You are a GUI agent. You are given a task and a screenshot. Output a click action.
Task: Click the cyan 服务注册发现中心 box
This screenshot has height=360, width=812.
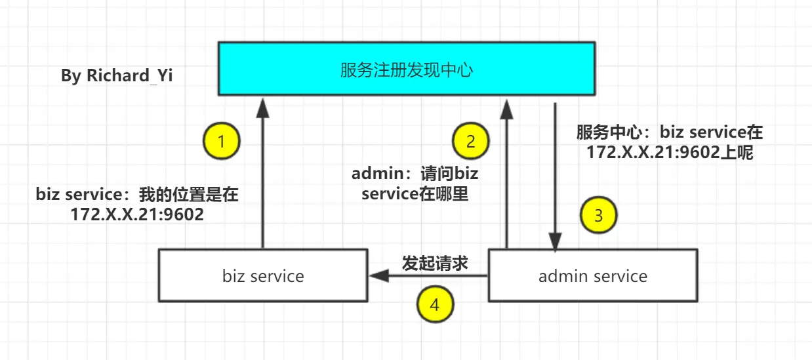pyautogui.click(x=407, y=68)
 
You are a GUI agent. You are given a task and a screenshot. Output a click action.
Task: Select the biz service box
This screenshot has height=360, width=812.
pyautogui.click(x=263, y=275)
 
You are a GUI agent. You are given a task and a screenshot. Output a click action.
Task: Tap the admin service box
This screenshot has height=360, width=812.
pyautogui.click(x=593, y=275)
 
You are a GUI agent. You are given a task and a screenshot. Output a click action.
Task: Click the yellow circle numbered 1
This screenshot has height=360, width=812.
pyautogui.click(x=222, y=141)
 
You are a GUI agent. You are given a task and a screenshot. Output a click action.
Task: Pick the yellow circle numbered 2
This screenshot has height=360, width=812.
pyautogui.click(x=470, y=141)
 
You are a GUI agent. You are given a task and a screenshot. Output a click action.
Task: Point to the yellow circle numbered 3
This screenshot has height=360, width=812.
pyautogui.click(x=598, y=215)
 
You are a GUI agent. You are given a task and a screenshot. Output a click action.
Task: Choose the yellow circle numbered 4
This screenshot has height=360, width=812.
pyautogui.click(x=435, y=304)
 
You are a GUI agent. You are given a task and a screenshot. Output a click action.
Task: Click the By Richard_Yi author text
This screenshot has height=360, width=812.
pyautogui.click(x=117, y=76)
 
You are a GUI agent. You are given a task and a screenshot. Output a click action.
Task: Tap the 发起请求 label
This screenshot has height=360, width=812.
pyautogui.click(x=435, y=263)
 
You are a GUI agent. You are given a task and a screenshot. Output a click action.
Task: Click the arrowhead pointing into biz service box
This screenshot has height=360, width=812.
pyautogui.click(x=379, y=276)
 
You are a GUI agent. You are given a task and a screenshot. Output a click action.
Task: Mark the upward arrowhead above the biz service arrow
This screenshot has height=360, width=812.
pyautogui.click(x=263, y=108)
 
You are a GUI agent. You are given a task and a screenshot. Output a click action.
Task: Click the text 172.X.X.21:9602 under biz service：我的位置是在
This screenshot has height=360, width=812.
pyautogui.click(x=137, y=214)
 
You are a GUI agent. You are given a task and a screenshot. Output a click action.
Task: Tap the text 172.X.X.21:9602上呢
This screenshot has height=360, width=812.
pyautogui.click(x=670, y=152)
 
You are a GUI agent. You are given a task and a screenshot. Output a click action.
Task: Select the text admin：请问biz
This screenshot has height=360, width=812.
pyautogui.click(x=415, y=174)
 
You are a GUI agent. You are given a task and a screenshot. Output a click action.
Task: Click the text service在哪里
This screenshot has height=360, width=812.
pyautogui.click(x=415, y=194)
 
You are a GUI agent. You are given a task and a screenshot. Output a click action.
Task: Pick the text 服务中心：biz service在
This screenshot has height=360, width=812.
pyautogui.click(x=670, y=132)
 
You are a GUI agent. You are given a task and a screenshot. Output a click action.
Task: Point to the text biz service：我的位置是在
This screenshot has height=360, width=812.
pyautogui.click(x=137, y=194)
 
